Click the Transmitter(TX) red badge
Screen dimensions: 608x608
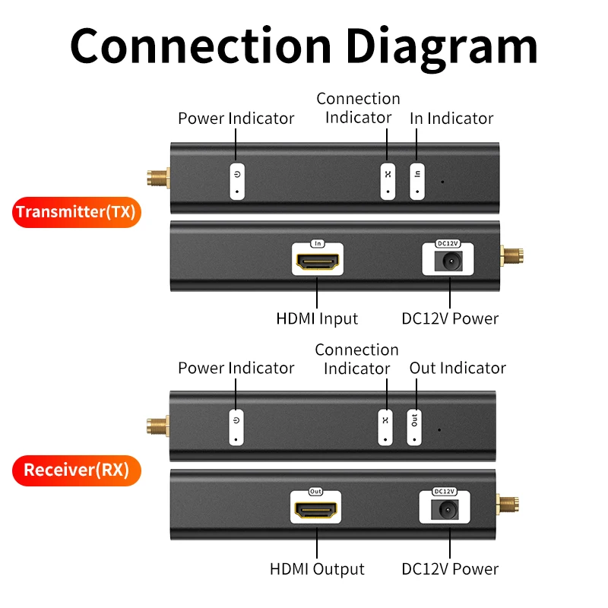[76, 211]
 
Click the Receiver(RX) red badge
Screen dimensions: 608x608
[76, 470]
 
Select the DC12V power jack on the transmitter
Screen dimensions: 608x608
[448, 262]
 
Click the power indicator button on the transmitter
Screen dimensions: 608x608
[238, 181]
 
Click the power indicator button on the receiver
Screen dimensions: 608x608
[236, 427]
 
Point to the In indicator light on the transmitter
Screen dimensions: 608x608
[417, 181]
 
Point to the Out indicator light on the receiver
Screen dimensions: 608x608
[415, 427]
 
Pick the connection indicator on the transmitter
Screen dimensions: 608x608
[388, 181]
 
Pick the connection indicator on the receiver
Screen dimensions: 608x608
[385, 427]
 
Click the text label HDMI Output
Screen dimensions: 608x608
[317, 568]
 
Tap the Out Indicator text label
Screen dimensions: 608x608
[458, 368]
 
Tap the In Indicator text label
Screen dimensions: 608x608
[451, 119]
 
